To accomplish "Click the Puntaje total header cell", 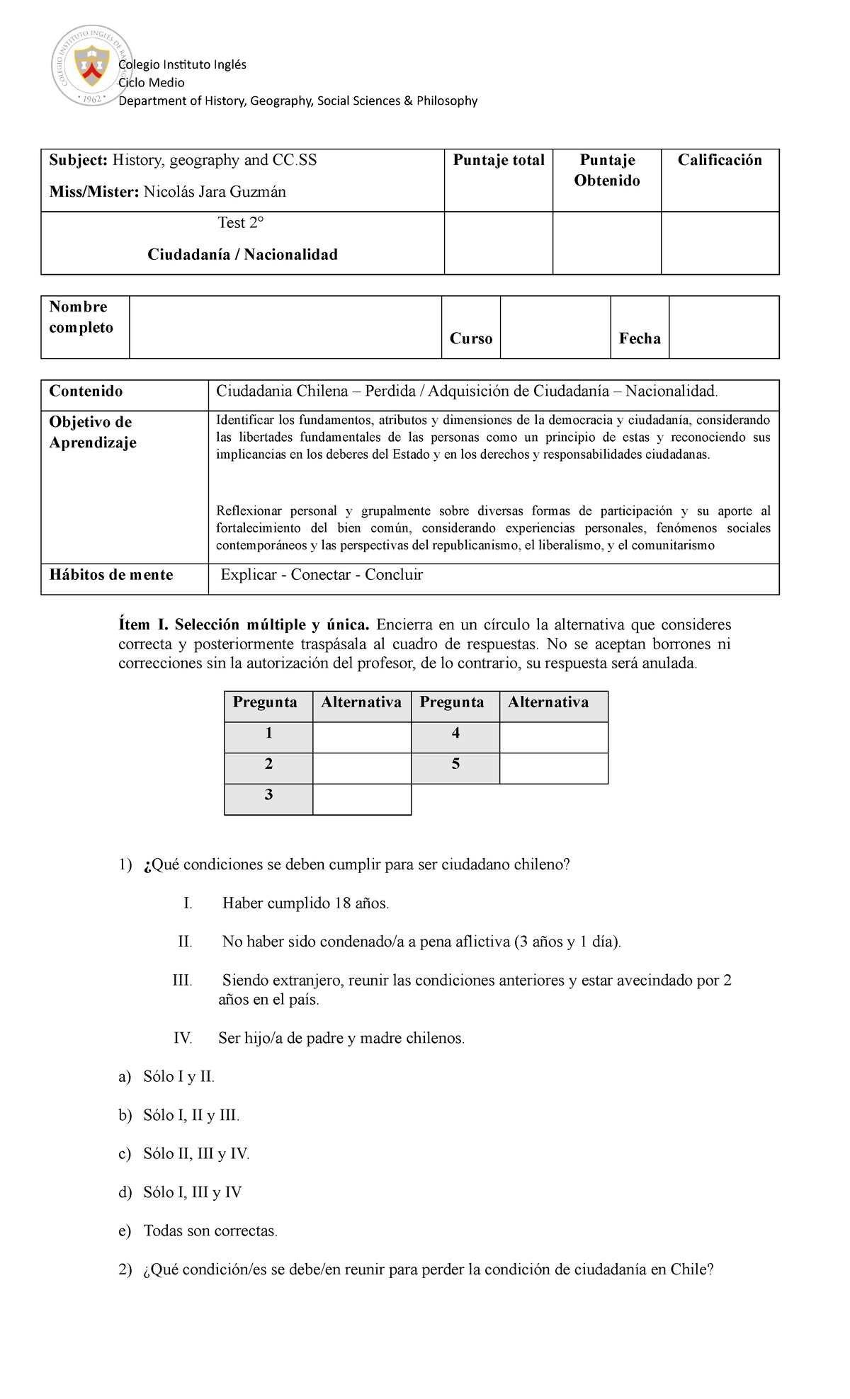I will [x=499, y=161].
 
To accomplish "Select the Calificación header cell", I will [x=720, y=161].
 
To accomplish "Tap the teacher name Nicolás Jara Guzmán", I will [x=215, y=192].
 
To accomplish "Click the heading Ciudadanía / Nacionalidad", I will [x=242, y=255].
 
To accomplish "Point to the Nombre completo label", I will [x=81, y=317].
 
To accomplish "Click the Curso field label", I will [x=471, y=339].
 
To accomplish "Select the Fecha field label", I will [x=640, y=339].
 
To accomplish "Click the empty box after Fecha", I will [x=723, y=327].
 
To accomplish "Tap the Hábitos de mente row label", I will [x=111, y=575].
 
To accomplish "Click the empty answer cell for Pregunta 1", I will [x=361, y=737].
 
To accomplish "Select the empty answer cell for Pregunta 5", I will [x=553, y=768].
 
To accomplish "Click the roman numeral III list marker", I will [x=182, y=981].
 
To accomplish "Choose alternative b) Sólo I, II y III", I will [x=191, y=1116].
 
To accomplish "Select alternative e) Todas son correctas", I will [x=210, y=1231].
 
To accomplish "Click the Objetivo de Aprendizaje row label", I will [x=92, y=432].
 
